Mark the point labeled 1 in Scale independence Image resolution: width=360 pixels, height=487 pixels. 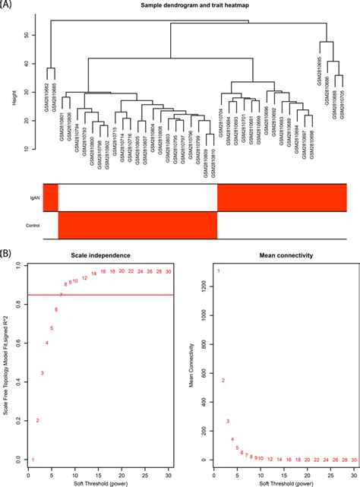[33, 460]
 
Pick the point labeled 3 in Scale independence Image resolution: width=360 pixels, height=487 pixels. [42, 373]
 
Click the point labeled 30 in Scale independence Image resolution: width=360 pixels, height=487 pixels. [169, 271]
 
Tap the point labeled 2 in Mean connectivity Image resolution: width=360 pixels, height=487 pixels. [223, 380]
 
